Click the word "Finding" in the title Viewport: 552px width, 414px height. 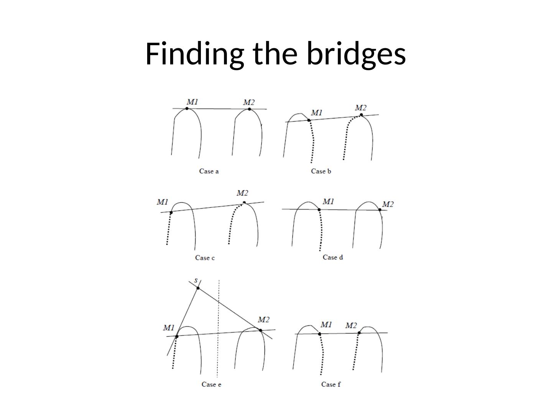pos(194,54)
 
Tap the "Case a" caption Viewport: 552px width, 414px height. pos(209,171)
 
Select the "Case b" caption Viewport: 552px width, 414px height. pos(321,171)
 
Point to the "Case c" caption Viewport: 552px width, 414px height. pos(205,258)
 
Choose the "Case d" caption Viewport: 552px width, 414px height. pos(333,257)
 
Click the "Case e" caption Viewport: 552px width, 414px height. pos(211,384)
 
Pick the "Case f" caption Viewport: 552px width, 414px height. pos(331,384)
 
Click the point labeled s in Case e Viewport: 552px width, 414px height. pos(198,288)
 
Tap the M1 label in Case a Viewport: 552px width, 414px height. pos(192,102)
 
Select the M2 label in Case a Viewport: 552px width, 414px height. pos(249,102)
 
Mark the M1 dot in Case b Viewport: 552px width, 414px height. pos(309,120)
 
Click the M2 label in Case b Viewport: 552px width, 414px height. pos(361,108)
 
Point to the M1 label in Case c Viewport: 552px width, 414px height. pos(163,202)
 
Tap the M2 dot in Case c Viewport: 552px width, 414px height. pos(244,202)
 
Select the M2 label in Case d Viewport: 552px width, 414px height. pos(388,204)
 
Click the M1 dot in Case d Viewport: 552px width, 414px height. pos(319,209)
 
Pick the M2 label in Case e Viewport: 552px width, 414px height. pos(263,319)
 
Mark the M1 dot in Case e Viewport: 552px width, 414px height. pos(177,336)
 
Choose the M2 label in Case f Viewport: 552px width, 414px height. pos(351,325)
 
